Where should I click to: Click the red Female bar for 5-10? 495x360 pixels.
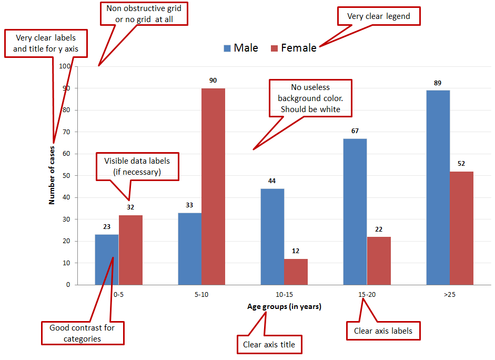[x=213, y=186]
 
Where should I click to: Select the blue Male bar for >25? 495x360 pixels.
[x=438, y=187]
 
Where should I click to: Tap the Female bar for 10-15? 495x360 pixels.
[x=296, y=272]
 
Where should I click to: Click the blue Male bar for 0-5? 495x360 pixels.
[x=106, y=259]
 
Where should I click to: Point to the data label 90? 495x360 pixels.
[x=213, y=81]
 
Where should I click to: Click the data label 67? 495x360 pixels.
[x=355, y=131]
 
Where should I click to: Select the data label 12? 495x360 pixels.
[x=296, y=251]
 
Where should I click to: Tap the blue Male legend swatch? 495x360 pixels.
[x=227, y=48]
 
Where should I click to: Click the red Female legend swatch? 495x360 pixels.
[x=274, y=48]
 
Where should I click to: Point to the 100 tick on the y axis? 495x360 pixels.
[x=65, y=66]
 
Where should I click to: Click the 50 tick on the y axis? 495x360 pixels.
[x=67, y=175]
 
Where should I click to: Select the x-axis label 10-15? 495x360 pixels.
[x=284, y=295]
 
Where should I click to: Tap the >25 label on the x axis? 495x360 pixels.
[x=449, y=295]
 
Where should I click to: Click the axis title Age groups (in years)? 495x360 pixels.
[x=284, y=306]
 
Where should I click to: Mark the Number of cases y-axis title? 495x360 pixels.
[x=52, y=175]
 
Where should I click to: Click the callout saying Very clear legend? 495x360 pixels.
[x=378, y=16]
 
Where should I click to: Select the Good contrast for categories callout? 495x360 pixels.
[x=82, y=333]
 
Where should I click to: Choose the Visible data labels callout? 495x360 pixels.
[x=137, y=166]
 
